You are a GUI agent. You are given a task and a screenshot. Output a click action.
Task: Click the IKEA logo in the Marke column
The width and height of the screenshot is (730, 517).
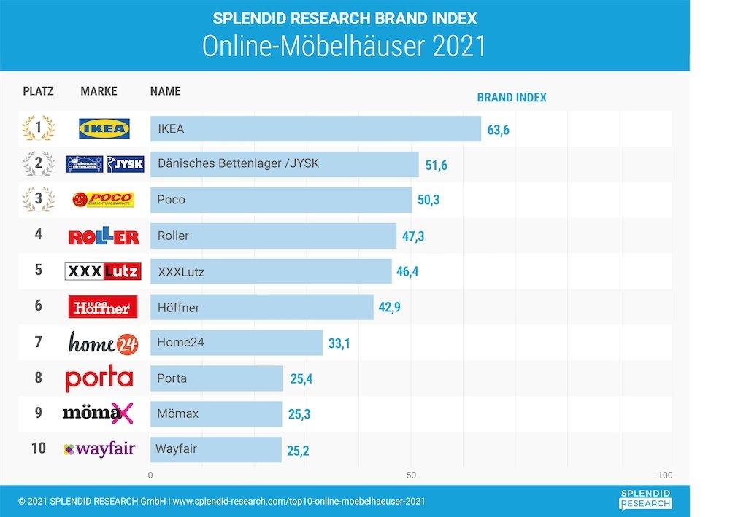click(104, 129)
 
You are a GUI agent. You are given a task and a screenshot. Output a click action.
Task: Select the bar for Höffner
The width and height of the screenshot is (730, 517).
click(261, 307)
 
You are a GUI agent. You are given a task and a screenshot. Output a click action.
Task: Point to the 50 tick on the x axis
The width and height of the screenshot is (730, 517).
click(411, 475)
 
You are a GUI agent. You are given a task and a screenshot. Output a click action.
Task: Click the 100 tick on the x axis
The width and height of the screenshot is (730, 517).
click(665, 475)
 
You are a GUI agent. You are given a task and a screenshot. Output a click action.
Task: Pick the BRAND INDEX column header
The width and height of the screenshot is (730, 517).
click(511, 97)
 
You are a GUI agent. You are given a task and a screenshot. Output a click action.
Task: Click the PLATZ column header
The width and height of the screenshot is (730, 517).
click(38, 91)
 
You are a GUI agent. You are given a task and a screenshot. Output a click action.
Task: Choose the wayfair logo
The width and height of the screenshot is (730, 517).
click(99, 449)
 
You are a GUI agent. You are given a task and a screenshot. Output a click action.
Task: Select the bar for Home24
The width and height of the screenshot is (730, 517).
click(236, 342)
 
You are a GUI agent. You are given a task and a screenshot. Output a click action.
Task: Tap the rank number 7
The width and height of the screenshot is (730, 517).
click(38, 342)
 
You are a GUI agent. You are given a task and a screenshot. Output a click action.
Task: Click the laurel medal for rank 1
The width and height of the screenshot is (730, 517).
click(38, 129)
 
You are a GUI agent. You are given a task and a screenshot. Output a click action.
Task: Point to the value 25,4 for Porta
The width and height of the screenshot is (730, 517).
click(301, 378)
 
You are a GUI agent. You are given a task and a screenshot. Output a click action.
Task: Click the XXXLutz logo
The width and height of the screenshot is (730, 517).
click(103, 271)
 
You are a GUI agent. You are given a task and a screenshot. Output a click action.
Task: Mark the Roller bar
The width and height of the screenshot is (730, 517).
click(273, 236)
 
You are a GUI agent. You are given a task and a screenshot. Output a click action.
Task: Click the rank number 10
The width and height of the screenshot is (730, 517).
click(38, 448)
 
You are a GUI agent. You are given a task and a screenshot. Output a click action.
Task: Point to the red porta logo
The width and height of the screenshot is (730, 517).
click(99, 378)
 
